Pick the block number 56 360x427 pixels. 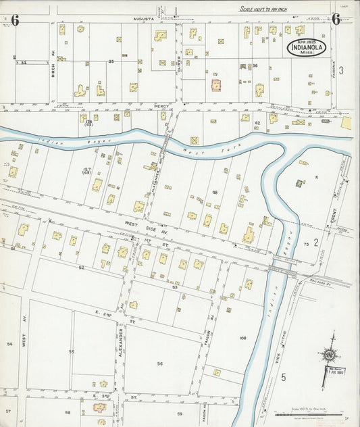160,363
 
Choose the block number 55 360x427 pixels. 71,352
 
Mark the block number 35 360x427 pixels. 111,61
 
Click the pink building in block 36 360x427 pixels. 217,86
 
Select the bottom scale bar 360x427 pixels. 311,414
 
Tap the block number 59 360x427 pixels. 180,413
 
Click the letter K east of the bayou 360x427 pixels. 315,176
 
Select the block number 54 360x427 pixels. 9,344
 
